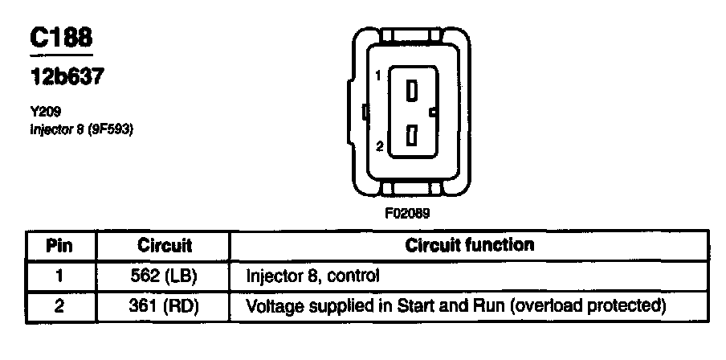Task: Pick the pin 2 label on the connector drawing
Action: tap(379, 145)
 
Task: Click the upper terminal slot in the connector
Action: tap(412, 91)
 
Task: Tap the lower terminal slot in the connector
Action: tap(411, 136)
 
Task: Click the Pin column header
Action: tap(60, 245)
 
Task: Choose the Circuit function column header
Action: tap(470, 244)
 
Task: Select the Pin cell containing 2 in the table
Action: tap(60, 306)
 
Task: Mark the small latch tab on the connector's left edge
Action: tap(364, 111)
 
